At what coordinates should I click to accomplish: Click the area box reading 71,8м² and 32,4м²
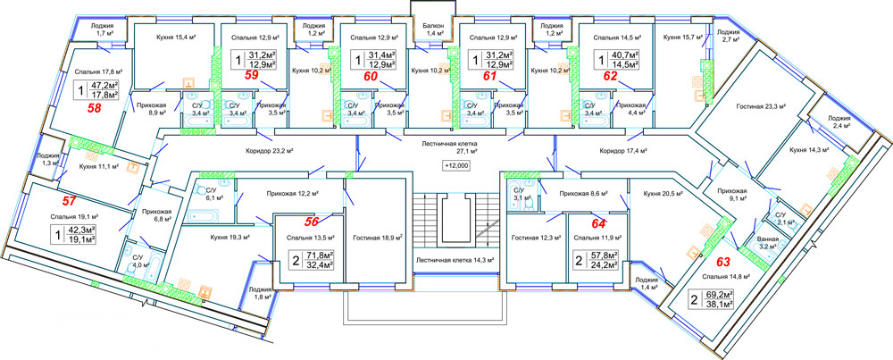(304, 260)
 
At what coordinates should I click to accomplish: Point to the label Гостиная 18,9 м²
(378, 239)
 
